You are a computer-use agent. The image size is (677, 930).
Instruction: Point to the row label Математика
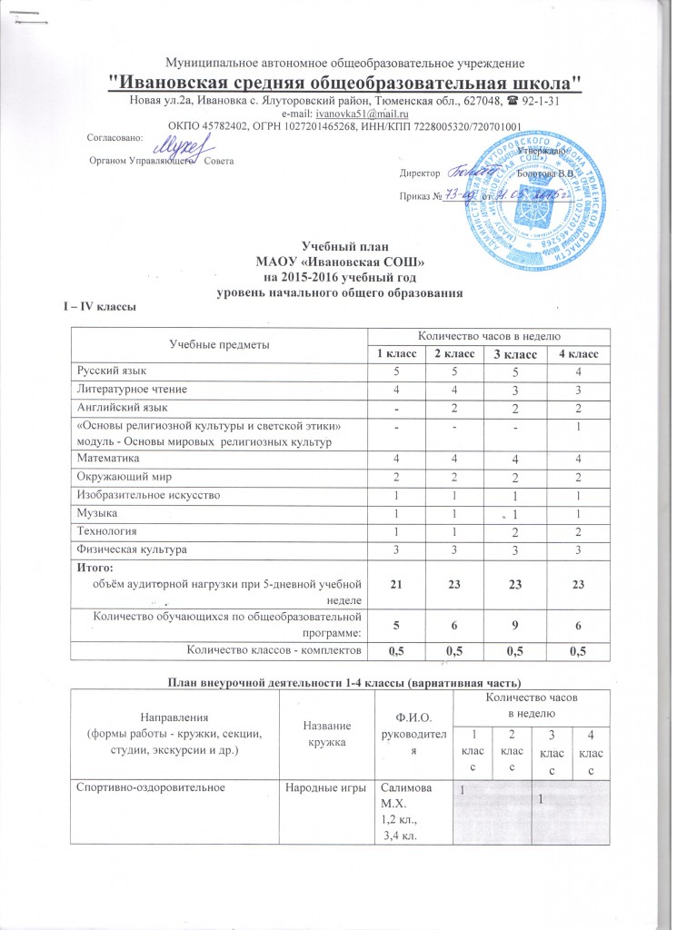(x=106, y=459)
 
